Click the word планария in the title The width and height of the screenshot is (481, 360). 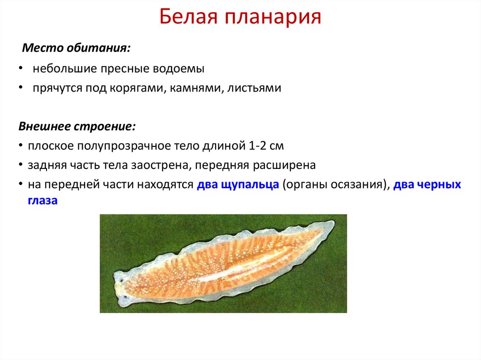click(272, 18)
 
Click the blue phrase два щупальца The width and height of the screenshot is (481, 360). click(238, 185)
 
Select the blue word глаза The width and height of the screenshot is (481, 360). click(39, 200)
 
